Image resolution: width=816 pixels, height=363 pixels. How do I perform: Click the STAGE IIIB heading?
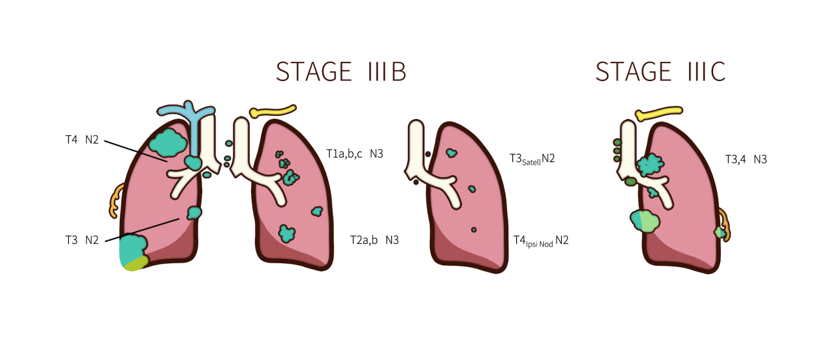coord(341,71)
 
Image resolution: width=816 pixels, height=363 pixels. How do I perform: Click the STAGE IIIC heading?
coord(660,71)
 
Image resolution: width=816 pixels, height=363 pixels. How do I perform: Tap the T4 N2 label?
coord(82,140)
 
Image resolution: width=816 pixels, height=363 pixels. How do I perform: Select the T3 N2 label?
coord(82,240)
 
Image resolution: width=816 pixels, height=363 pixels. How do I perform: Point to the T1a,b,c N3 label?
coord(355,154)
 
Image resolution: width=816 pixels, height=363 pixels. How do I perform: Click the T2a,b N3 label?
coord(375,240)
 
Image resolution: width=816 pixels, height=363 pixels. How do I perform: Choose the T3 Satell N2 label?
coord(532,159)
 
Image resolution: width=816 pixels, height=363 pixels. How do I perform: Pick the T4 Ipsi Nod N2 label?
coord(541,241)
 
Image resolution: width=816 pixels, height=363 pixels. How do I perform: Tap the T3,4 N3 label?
coord(746,159)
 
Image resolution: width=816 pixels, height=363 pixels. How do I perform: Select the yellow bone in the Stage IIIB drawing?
coord(272,111)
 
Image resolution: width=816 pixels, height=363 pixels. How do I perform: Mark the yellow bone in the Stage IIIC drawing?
coord(658,113)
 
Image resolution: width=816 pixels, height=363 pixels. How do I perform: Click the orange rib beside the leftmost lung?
coord(116,200)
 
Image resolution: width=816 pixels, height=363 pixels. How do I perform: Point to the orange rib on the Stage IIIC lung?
coord(724,225)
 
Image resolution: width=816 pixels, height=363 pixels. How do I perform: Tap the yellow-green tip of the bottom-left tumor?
coord(136,264)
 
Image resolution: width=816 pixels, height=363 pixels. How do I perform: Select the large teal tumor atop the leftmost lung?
coord(169,144)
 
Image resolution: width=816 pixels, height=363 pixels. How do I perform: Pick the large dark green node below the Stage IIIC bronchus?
coord(631,181)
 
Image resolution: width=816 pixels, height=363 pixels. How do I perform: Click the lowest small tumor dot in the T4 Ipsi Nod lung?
coord(474,230)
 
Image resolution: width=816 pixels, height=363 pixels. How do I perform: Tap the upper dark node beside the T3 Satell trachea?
coord(428,154)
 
